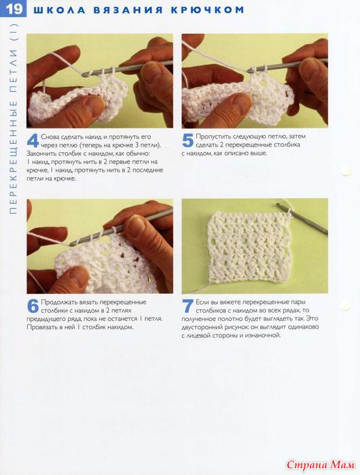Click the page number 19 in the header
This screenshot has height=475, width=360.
click(x=14, y=9)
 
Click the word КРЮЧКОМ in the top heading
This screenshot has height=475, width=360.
click(x=207, y=10)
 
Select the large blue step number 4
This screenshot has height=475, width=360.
click(x=33, y=141)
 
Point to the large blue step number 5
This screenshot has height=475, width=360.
click(x=187, y=141)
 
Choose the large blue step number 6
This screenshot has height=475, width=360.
click(x=33, y=306)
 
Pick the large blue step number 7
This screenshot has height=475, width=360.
click(x=187, y=306)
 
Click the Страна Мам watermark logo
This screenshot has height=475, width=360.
click(x=321, y=465)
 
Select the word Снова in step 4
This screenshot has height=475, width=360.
click(x=50, y=136)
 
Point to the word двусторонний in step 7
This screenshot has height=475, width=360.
click(x=202, y=328)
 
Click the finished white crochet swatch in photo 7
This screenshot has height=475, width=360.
click(x=249, y=248)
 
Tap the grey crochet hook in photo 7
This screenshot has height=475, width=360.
click(x=302, y=218)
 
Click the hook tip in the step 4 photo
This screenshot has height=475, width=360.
click(x=84, y=74)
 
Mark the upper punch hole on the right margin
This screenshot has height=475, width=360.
click(x=345, y=172)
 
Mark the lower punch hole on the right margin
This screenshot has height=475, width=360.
click(x=345, y=306)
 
